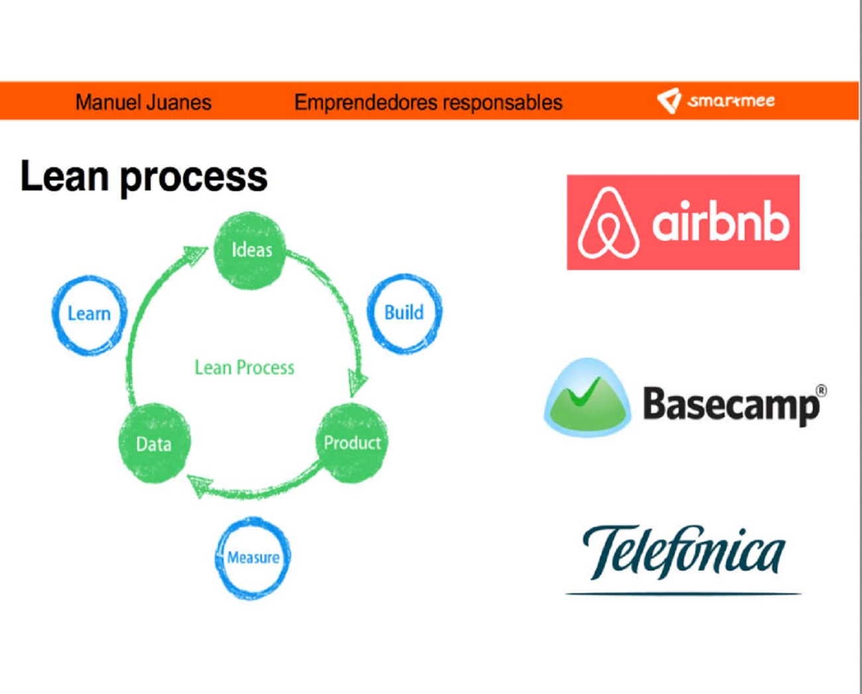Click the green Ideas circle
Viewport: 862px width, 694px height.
point(250,250)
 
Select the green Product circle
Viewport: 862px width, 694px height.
point(352,443)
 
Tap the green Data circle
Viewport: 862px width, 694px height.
point(154,443)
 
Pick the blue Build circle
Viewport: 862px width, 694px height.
point(404,312)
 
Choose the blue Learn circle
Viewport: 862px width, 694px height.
point(89,314)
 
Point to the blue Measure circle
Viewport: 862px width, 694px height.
point(253,557)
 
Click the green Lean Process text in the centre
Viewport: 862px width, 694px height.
point(244,368)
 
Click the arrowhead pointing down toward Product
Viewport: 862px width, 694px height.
point(358,383)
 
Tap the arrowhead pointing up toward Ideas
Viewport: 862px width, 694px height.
point(196,253)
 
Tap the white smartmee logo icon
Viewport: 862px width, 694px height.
point(668,100)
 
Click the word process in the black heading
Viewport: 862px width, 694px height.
point(193,177)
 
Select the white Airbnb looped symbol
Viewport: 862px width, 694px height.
point(607,223)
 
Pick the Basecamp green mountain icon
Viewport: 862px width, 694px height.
point(587,399)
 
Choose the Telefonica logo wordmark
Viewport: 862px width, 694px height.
point(683,552)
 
